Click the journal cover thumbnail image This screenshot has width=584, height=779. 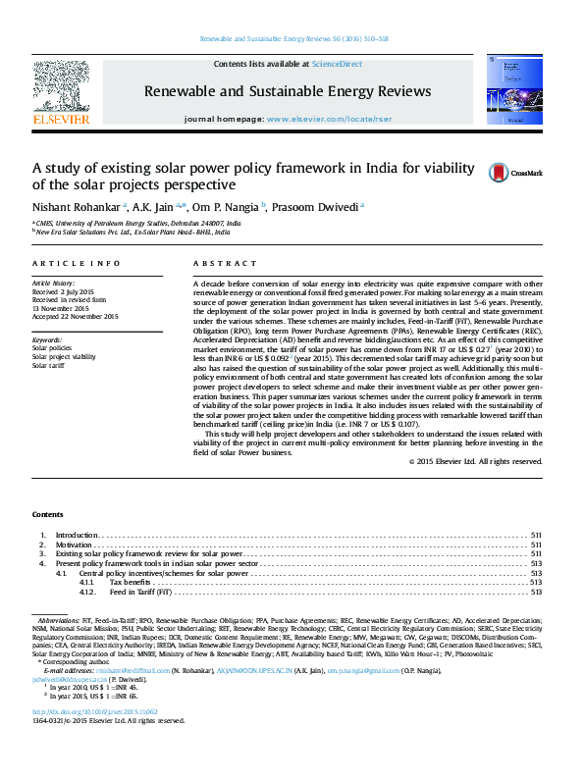(509, 91)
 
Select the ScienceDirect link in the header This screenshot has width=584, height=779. (337, 64)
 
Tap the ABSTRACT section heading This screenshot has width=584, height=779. (217, 264)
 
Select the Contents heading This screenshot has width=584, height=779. (47, 514)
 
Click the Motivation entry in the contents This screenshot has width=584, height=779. (73, 544)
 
